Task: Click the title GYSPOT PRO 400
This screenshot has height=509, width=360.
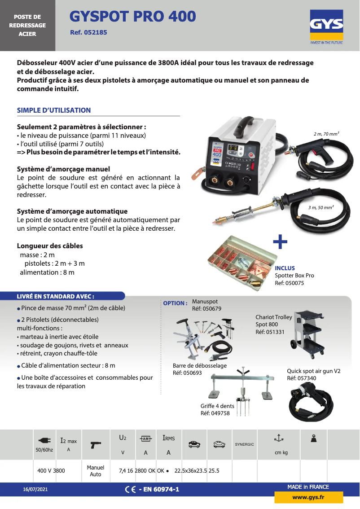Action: pos(133,17)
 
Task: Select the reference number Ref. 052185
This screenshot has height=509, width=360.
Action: pos(88,33)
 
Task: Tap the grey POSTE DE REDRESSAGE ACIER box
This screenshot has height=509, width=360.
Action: pos(27,26)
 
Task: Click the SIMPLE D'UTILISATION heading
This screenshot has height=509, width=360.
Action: pos(54,110)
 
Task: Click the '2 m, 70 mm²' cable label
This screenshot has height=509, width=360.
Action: pos(326,134)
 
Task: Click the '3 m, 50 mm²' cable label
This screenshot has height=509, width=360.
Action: pos(320,207)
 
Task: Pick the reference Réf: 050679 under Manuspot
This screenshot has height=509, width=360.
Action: pos(206,309)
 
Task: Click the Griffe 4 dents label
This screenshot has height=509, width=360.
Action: pos(217,406)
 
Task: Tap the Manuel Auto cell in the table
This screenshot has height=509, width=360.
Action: pos(96,471)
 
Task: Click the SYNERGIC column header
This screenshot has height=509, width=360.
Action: pos(244,444)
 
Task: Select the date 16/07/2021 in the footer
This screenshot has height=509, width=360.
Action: pos(35,489)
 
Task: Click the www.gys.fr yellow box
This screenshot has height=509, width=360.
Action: pos(308,497)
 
